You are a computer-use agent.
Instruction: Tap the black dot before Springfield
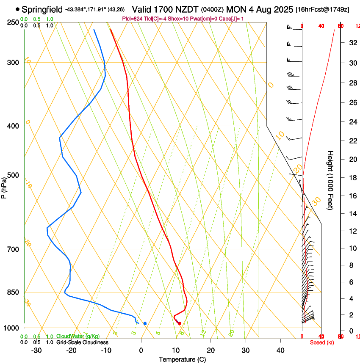tap(17, 9)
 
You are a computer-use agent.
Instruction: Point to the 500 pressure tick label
tap(13, 175)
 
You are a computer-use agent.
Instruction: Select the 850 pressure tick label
tap(13, 292)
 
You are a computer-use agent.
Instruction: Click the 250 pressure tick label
tap(13, 22)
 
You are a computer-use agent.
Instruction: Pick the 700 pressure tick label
tap(13, 249)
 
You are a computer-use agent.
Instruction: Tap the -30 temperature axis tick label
tap(36, 350)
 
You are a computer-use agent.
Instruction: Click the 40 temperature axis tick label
tap(280, 350)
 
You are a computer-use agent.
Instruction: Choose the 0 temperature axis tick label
tap(141, 350)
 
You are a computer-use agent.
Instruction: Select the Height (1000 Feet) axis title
tap(330, 180)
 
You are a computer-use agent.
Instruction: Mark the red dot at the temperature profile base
tap(180, 323)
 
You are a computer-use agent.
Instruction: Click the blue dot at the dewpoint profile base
tap(145, 323)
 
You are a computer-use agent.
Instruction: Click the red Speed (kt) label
tap(322, 342)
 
